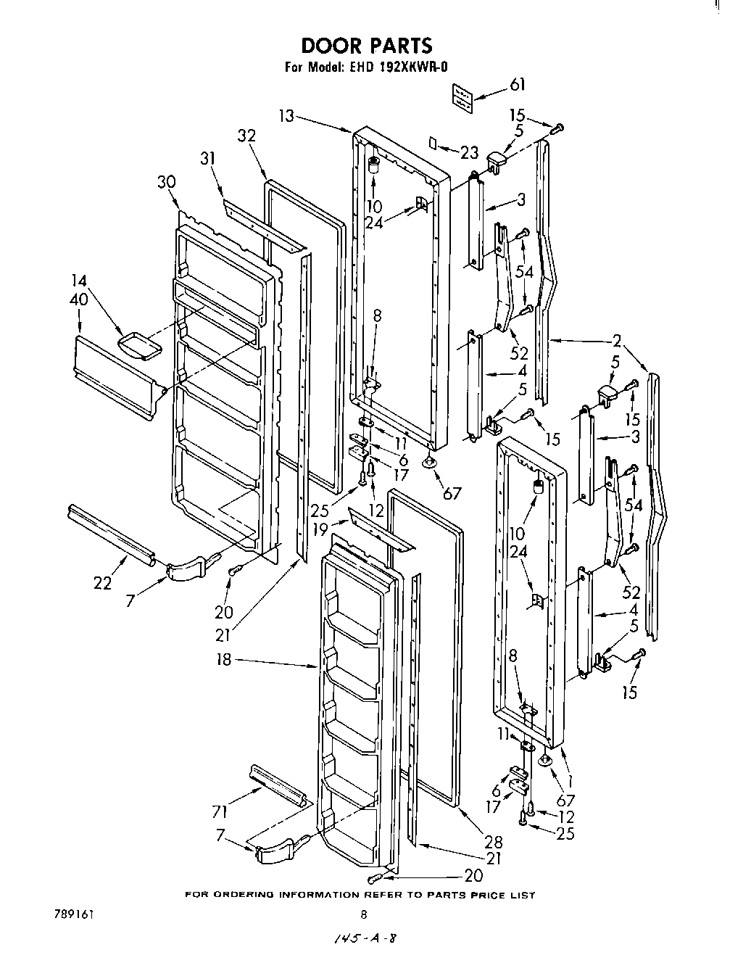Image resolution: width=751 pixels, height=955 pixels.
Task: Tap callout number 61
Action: click(x=517, y=85)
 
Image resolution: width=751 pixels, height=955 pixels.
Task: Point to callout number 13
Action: click(x=287, y=115)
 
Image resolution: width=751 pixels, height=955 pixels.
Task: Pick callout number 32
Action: click(x=246, y=136)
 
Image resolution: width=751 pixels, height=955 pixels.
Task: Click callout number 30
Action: click(x=167, y=182)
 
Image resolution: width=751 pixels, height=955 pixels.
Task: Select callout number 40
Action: click(x=80, y=298)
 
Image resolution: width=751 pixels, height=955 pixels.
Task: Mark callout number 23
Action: click(x=470, y=152)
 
